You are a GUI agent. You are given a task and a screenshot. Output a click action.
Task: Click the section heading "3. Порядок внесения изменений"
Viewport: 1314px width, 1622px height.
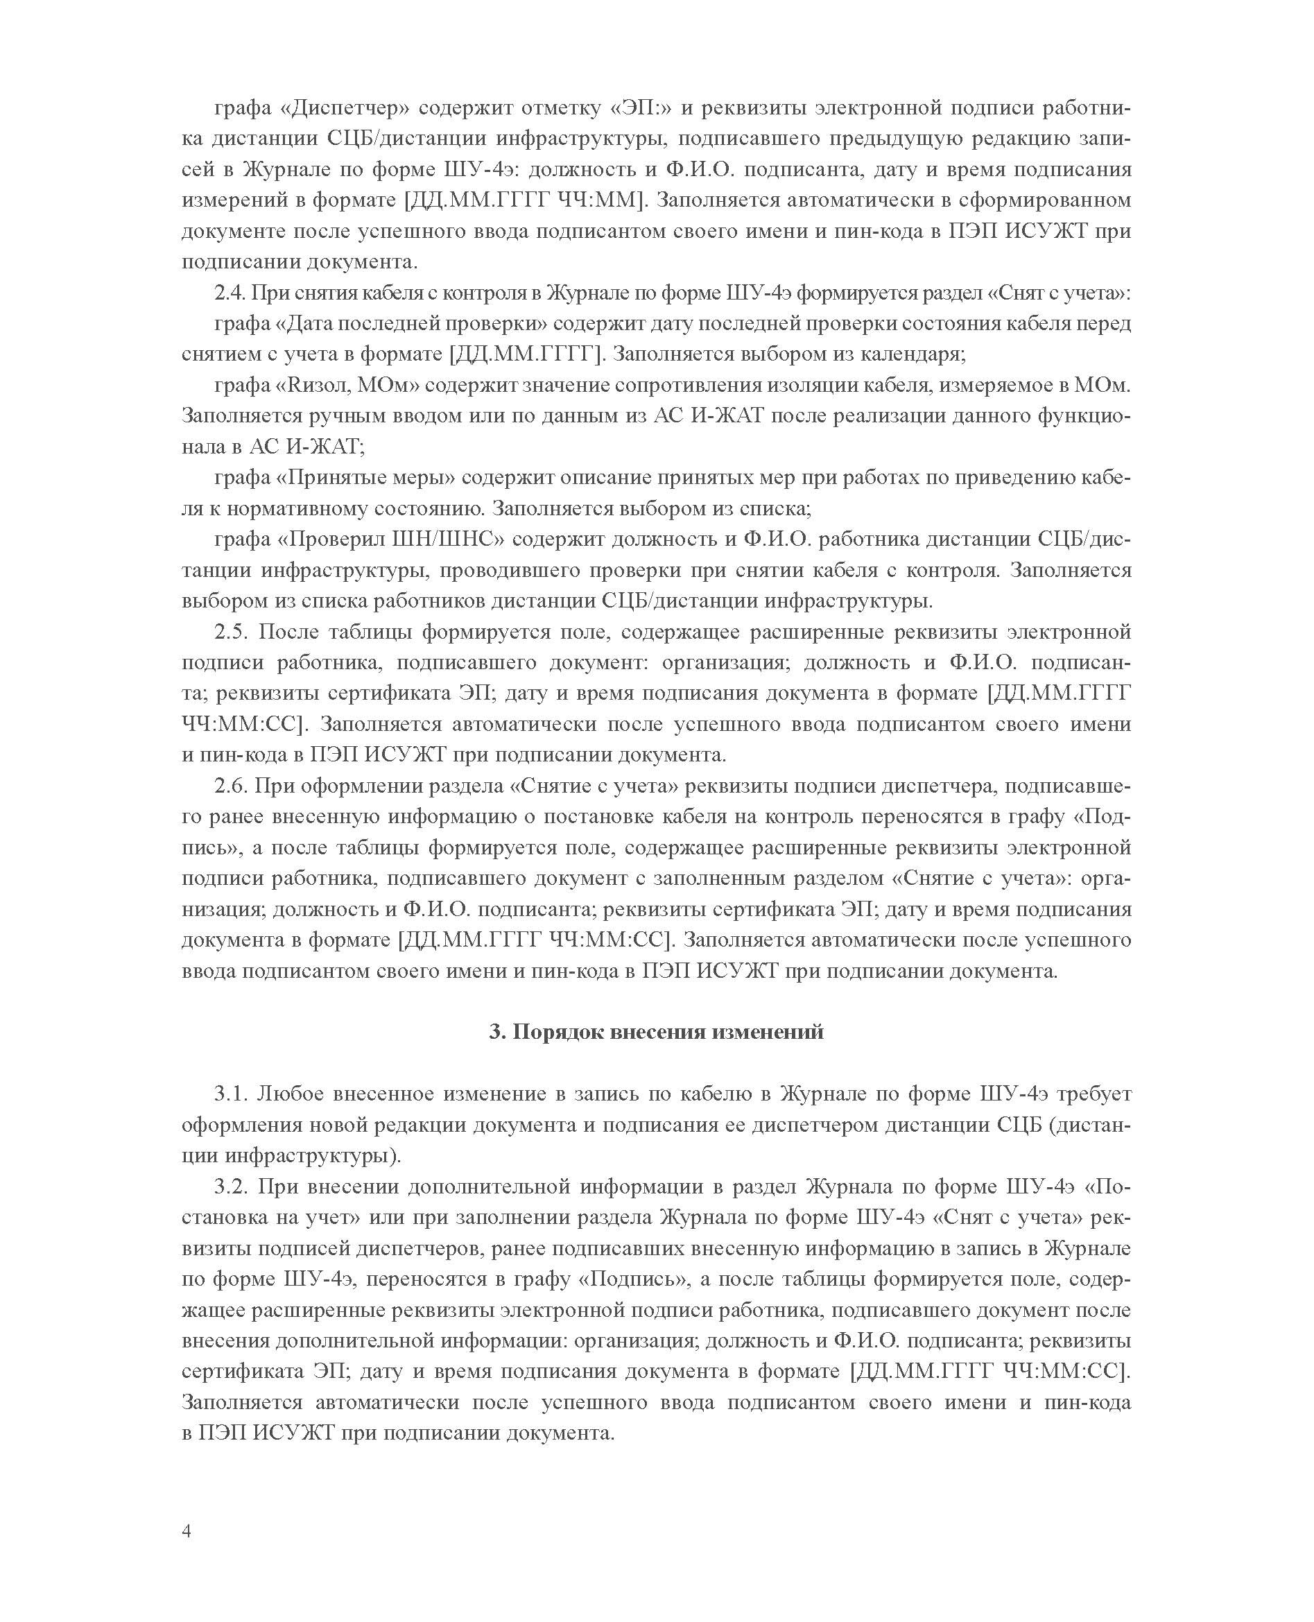click(x=656, y=1033)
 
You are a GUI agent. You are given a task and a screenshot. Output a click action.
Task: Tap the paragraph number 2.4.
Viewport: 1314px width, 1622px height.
click(x=230, y=293)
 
